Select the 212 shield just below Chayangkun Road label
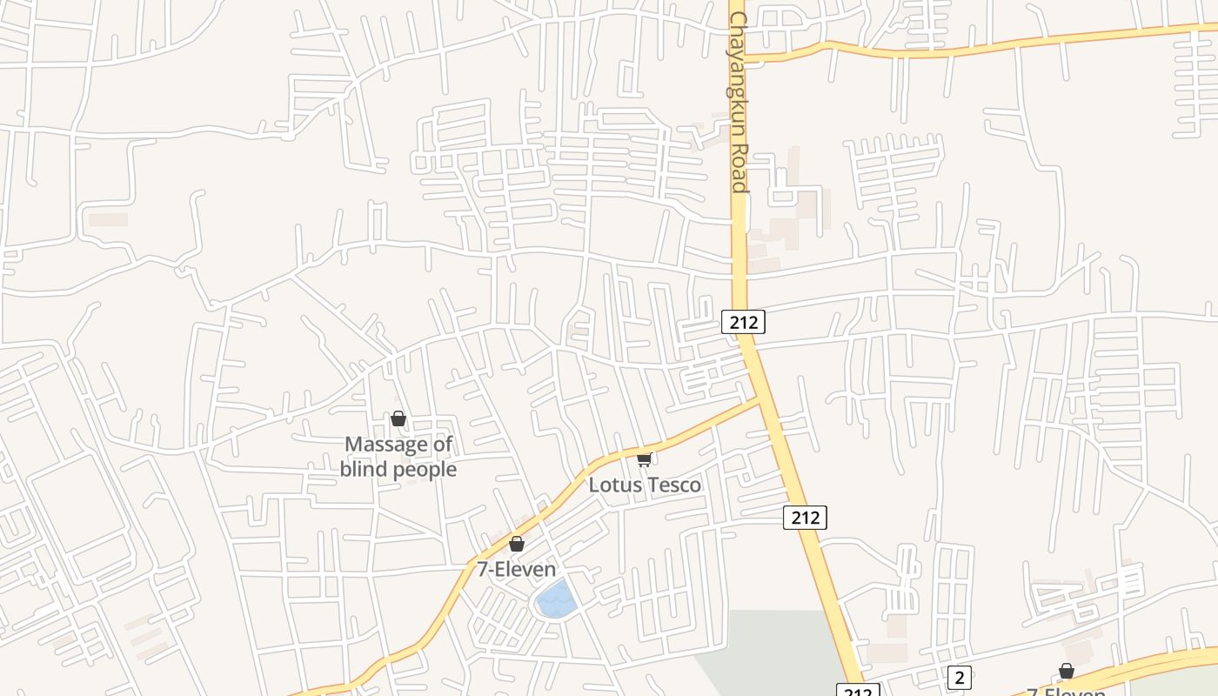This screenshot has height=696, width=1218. pos(743,323)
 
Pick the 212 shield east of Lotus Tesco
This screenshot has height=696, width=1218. pos(805,518)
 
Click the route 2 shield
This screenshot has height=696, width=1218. pos(959,677)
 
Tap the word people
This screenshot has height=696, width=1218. pos(424,471)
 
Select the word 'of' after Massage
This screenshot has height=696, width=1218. pos(443,445)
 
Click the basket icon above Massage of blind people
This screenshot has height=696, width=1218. pos(398,419)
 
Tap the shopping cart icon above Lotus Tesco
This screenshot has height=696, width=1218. pos(644,459)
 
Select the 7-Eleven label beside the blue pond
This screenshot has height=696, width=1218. pos(516,570)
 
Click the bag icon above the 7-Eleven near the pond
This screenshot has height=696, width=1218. pos(517,544)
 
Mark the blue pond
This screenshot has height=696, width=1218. pos(556,599)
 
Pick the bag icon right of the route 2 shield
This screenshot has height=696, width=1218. pos(1066,671)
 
